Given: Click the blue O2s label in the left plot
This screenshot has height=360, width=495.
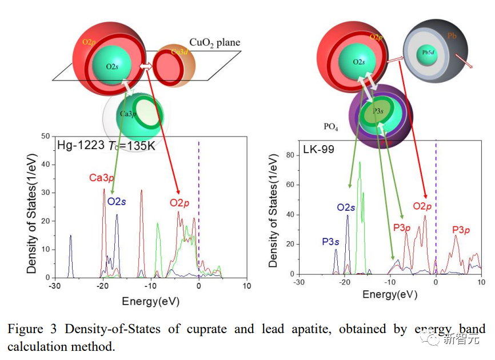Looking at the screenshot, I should pos(118,201).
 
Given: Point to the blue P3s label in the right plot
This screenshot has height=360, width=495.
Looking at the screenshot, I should pos(330,241).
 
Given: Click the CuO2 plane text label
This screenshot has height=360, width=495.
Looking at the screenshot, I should pos(214,43).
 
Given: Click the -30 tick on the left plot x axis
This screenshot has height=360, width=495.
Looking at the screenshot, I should pos(54,286).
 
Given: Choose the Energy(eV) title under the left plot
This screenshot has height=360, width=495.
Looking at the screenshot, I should pos(150,301).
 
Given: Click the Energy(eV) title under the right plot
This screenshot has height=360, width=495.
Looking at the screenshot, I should pos(390,294).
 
